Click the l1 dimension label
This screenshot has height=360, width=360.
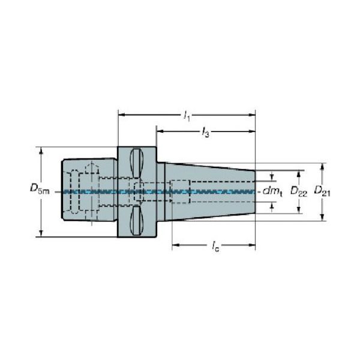click(187, 115)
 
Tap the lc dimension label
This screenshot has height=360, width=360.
click(214, 247)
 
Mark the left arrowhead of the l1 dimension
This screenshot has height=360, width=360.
click(121, 113)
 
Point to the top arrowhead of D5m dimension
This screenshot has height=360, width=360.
click(41, 149)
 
